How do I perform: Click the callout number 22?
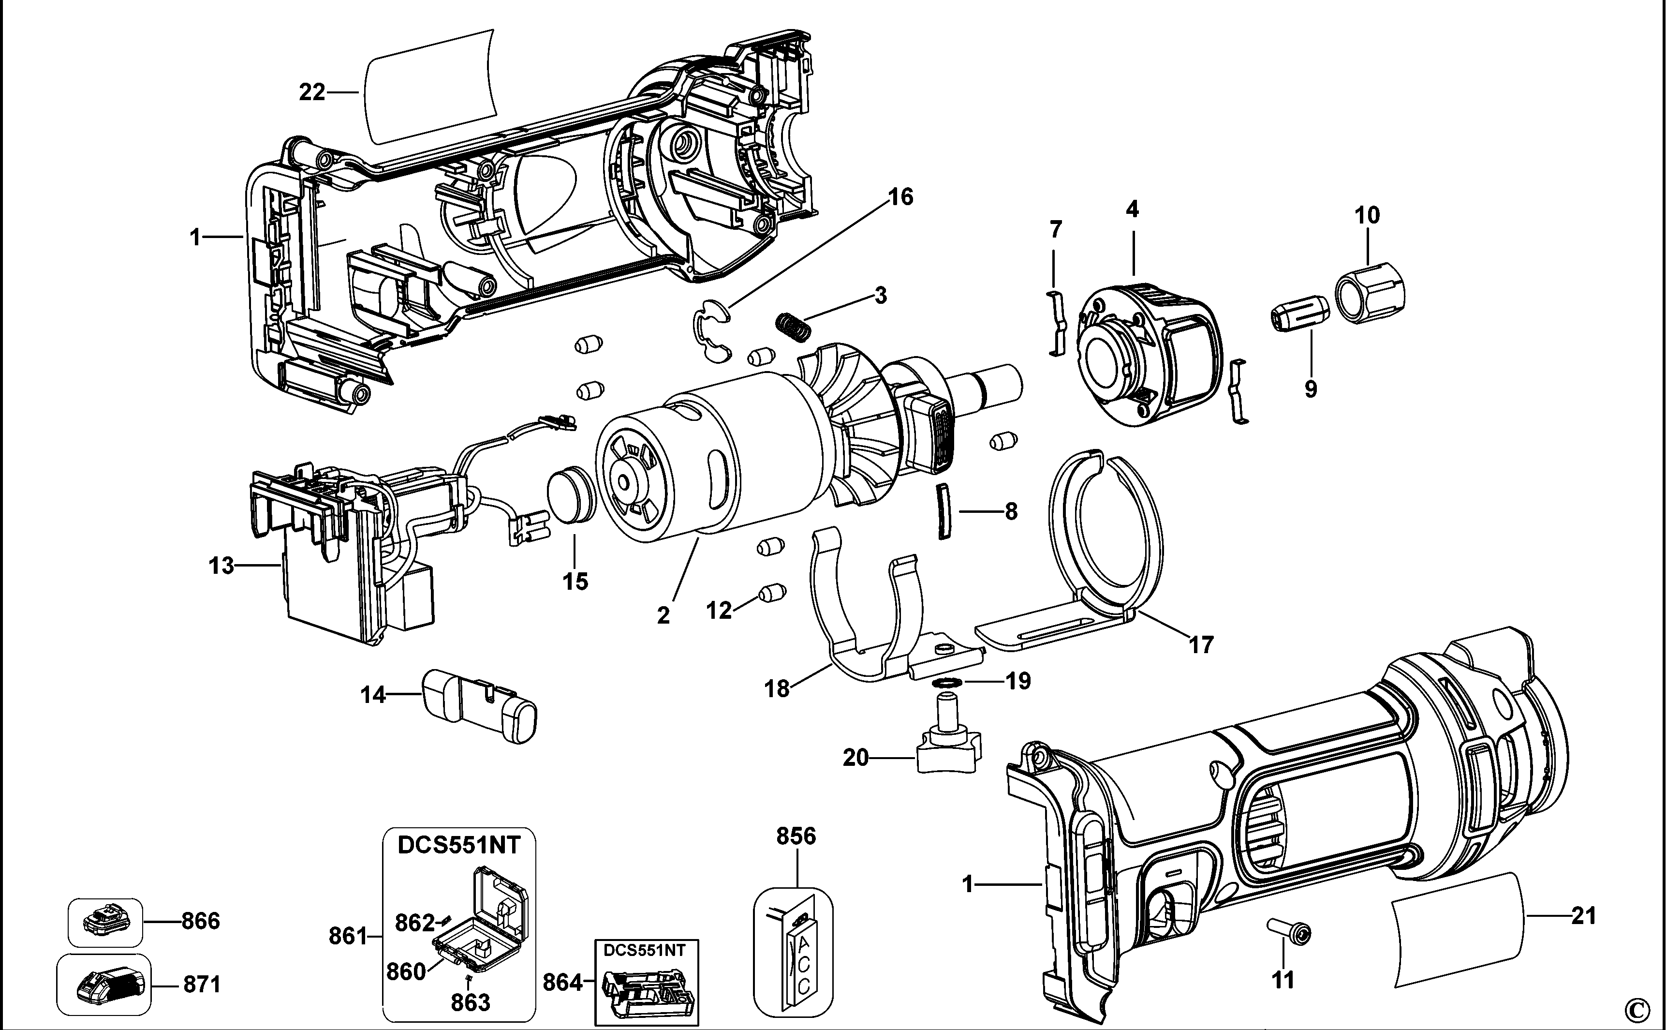[312, 92]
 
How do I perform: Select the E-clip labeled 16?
[711, 327]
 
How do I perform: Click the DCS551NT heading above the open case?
[459, 845]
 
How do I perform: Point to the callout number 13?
[221, 566]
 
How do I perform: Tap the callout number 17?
[1201, 644]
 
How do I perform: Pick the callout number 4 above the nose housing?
[1132, 209]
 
